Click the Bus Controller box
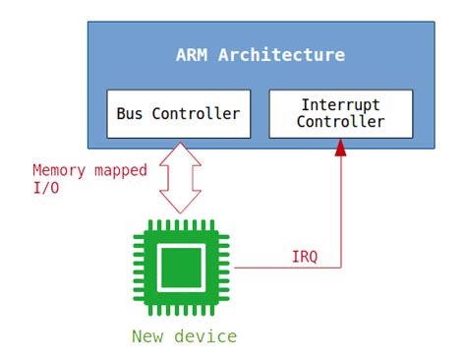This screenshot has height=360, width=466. coord(178,114)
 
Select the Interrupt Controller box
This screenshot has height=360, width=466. coord(340,114)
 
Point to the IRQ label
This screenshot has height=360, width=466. coord(305,257)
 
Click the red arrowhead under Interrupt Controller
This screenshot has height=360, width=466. coord(341,149)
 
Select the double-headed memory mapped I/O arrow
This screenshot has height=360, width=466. coord(178,176)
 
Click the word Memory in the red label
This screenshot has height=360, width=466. coord(59,170)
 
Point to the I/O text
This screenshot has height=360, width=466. coord(45,188)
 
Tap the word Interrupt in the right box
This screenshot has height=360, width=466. coord(340,105)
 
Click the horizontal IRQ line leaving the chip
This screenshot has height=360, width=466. coord(285,267)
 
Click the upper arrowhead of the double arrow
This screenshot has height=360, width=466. coord(178,150)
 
